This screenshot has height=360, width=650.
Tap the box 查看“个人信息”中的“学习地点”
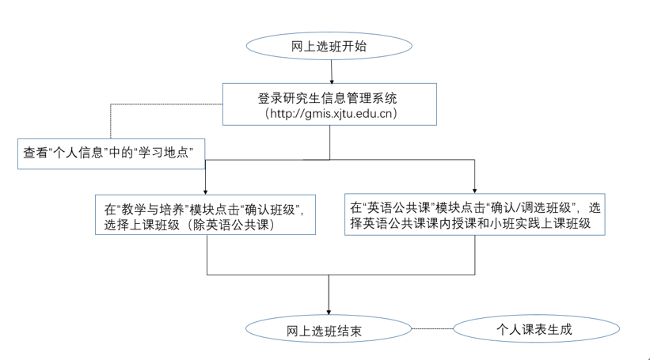coord(110,153)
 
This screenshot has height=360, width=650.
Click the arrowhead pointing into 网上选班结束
coord(329,310)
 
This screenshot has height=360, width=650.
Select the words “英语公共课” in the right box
coord(393,208)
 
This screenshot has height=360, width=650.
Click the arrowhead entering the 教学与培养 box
coord(206,190)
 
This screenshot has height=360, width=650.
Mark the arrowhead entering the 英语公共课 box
coord(474,189)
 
